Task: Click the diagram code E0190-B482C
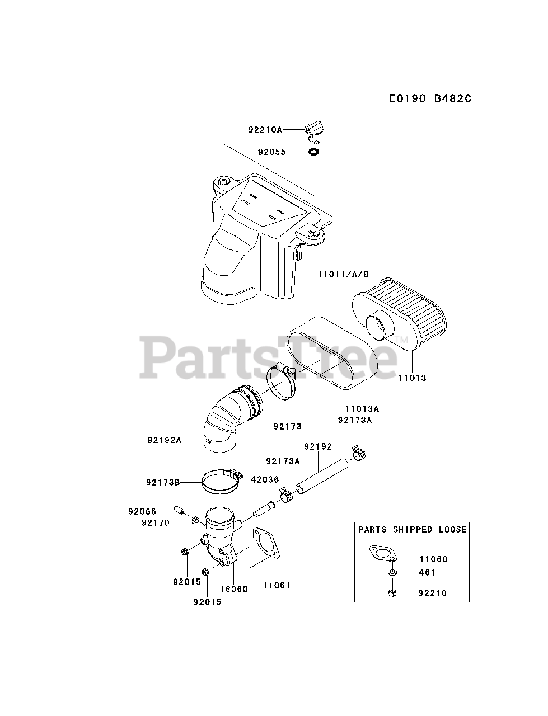[x=430, y=98]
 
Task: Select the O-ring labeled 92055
[x=314, y=152]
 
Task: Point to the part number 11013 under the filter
[x=412, y=378]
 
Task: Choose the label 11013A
[x=362, y=408]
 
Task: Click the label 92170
[x=155, y=523]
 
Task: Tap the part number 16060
[x=233, y=589]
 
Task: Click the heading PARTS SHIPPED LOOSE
[x=412, y=529]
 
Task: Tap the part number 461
[x=427, y=572]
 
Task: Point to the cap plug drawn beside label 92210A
[x=314, y=128]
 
